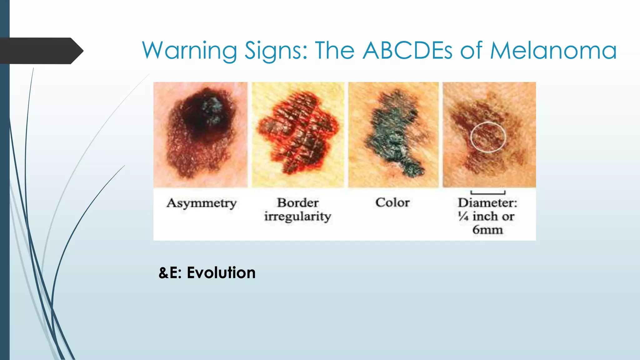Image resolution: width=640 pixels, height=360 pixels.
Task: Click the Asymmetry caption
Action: click(201, 203)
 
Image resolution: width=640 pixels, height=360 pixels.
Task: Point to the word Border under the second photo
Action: click(298, 203)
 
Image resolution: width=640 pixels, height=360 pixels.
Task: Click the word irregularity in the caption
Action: click(297, 217)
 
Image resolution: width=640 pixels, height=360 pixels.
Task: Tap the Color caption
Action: click(392, 202)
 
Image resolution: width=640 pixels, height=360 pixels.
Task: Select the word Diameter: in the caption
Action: click(487, 203)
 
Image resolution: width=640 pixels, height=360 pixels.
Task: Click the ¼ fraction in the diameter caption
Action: click(463, 216)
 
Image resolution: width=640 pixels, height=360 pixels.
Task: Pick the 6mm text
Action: click(487, 230)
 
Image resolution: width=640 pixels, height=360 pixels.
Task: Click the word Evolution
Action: click(221, 272)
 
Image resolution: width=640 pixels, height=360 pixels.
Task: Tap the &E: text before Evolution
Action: click(170, 272)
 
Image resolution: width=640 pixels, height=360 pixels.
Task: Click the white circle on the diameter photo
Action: click(488, 137)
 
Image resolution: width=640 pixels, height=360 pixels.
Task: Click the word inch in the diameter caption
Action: click(485, 216)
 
